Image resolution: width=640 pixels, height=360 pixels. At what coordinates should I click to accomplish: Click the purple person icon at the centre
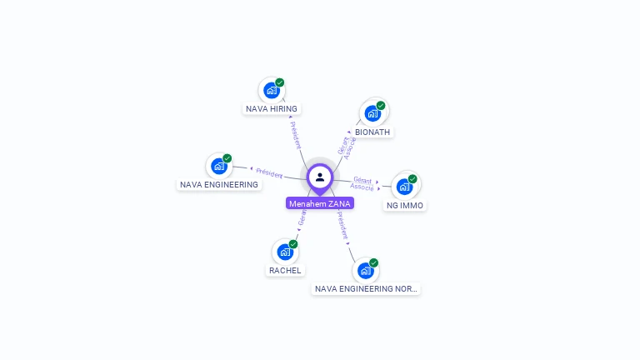(x=320, y=177)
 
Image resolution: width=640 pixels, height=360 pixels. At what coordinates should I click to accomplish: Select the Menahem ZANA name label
(x=320, y=203)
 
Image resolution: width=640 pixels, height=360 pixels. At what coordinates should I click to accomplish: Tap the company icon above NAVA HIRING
(x=272, y=90)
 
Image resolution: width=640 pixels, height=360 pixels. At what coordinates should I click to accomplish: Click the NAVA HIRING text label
(x=272, y=109)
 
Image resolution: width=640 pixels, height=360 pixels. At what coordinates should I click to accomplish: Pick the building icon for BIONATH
(x=372, y=113)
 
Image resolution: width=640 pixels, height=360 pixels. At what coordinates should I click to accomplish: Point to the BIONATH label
(x=372, y=132)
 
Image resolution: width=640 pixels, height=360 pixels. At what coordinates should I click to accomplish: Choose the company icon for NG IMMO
(x=404, y=187)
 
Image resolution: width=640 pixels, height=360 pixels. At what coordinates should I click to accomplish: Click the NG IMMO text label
(x=405, y=206)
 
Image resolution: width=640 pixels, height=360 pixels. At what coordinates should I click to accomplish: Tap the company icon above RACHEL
(x=285, y=252)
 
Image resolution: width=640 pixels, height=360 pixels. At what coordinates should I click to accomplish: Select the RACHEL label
(x=285, y=271)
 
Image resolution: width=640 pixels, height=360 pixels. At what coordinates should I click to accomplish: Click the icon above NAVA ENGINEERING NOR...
(x=366, y=270)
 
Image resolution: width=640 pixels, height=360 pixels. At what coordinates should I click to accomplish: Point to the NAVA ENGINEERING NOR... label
(x=366, y=289)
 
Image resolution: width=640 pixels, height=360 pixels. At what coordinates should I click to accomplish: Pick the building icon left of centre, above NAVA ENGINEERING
(x=219, y=166)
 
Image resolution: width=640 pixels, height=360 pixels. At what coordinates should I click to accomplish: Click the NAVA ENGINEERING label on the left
(x=219, y=185)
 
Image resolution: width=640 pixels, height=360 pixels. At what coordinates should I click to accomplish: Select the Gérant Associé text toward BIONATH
(x=347, y=145)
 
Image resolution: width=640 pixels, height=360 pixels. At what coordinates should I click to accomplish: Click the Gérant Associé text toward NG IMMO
(x=362, y=183)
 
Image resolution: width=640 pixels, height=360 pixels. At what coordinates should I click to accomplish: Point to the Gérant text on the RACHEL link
(x=302, y=219)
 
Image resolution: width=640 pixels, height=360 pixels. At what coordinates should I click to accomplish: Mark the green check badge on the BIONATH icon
(x=381, y=106)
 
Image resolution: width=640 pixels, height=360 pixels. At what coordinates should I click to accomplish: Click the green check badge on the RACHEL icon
(x=293, y=244)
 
